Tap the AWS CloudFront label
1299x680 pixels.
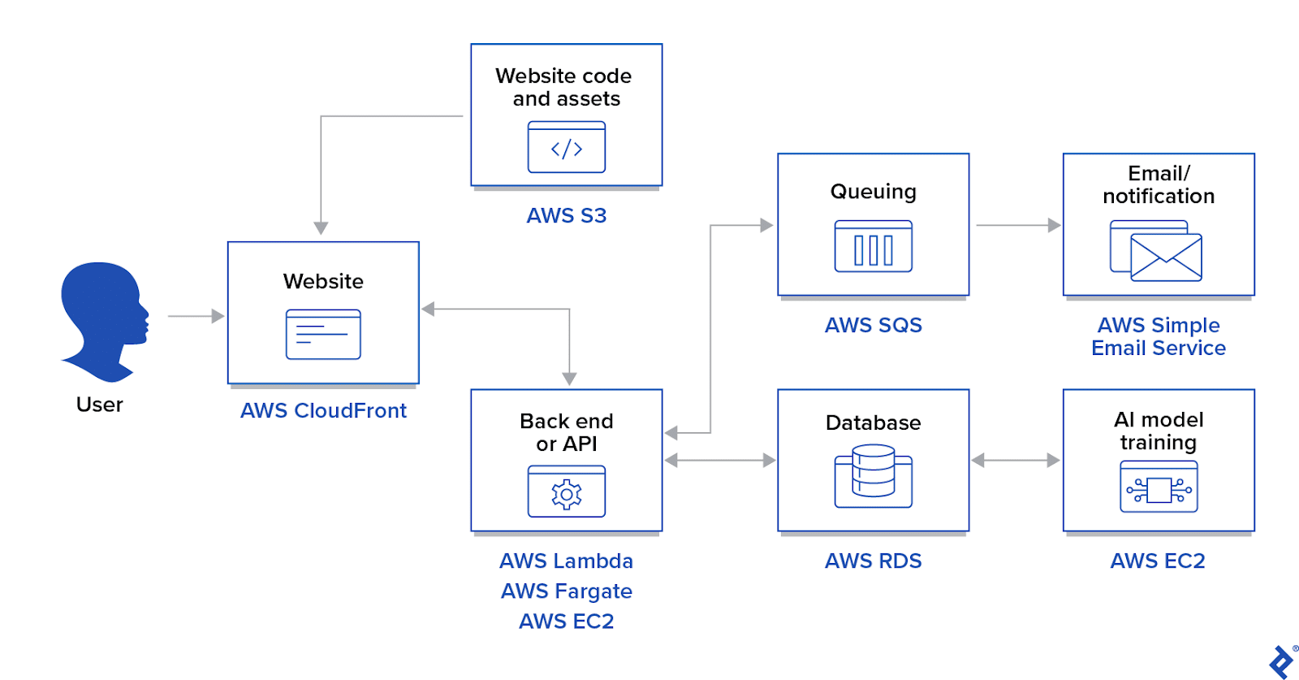point(323,411)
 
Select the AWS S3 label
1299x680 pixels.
point(567,216)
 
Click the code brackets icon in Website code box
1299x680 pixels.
point(567,148)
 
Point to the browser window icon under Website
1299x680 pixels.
point(323,334)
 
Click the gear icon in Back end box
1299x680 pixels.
point(567,493)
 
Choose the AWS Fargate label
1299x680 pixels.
point(567,591)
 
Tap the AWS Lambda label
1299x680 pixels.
point(567,561)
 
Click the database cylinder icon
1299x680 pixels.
point(874,475)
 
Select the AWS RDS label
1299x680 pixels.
point(874,561)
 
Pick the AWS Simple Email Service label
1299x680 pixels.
point(1159,337)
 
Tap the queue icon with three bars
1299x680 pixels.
point(874,247)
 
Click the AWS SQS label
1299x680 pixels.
point(874,326)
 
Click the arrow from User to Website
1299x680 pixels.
point(196,316)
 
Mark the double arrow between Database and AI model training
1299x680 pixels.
point(1016,461)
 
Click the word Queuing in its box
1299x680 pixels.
point(874,192)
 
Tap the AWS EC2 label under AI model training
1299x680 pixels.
point(1158,561)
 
